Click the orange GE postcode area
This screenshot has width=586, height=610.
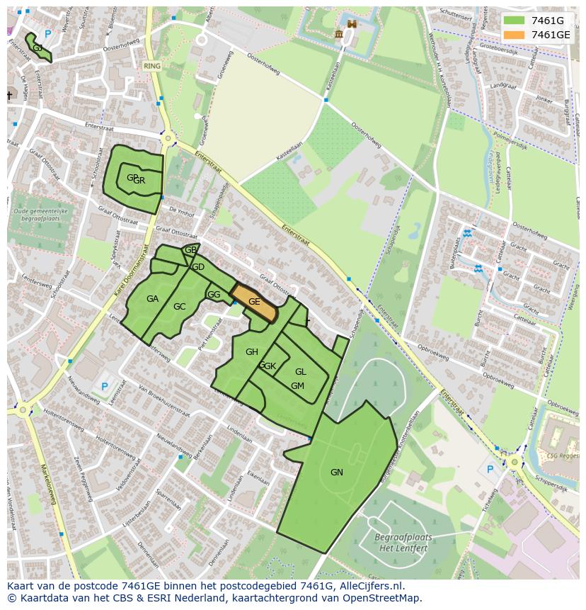253,302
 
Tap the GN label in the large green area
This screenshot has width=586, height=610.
336,473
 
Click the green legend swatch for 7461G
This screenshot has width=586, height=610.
515,21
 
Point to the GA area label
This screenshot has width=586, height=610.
152,299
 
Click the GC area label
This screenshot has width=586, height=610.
179,307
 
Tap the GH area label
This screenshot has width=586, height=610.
251,352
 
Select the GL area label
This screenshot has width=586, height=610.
300,372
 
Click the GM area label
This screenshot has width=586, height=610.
297,386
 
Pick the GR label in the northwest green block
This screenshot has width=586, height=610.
139,181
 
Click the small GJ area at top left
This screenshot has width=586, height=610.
38,47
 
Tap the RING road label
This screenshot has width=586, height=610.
151,66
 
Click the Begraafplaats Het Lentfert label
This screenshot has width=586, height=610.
403,543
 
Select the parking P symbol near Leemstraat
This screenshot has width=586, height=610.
105,387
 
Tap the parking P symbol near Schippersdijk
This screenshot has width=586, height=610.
489,469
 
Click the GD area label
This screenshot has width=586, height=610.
198,267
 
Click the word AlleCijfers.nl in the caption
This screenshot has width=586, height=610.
373,587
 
